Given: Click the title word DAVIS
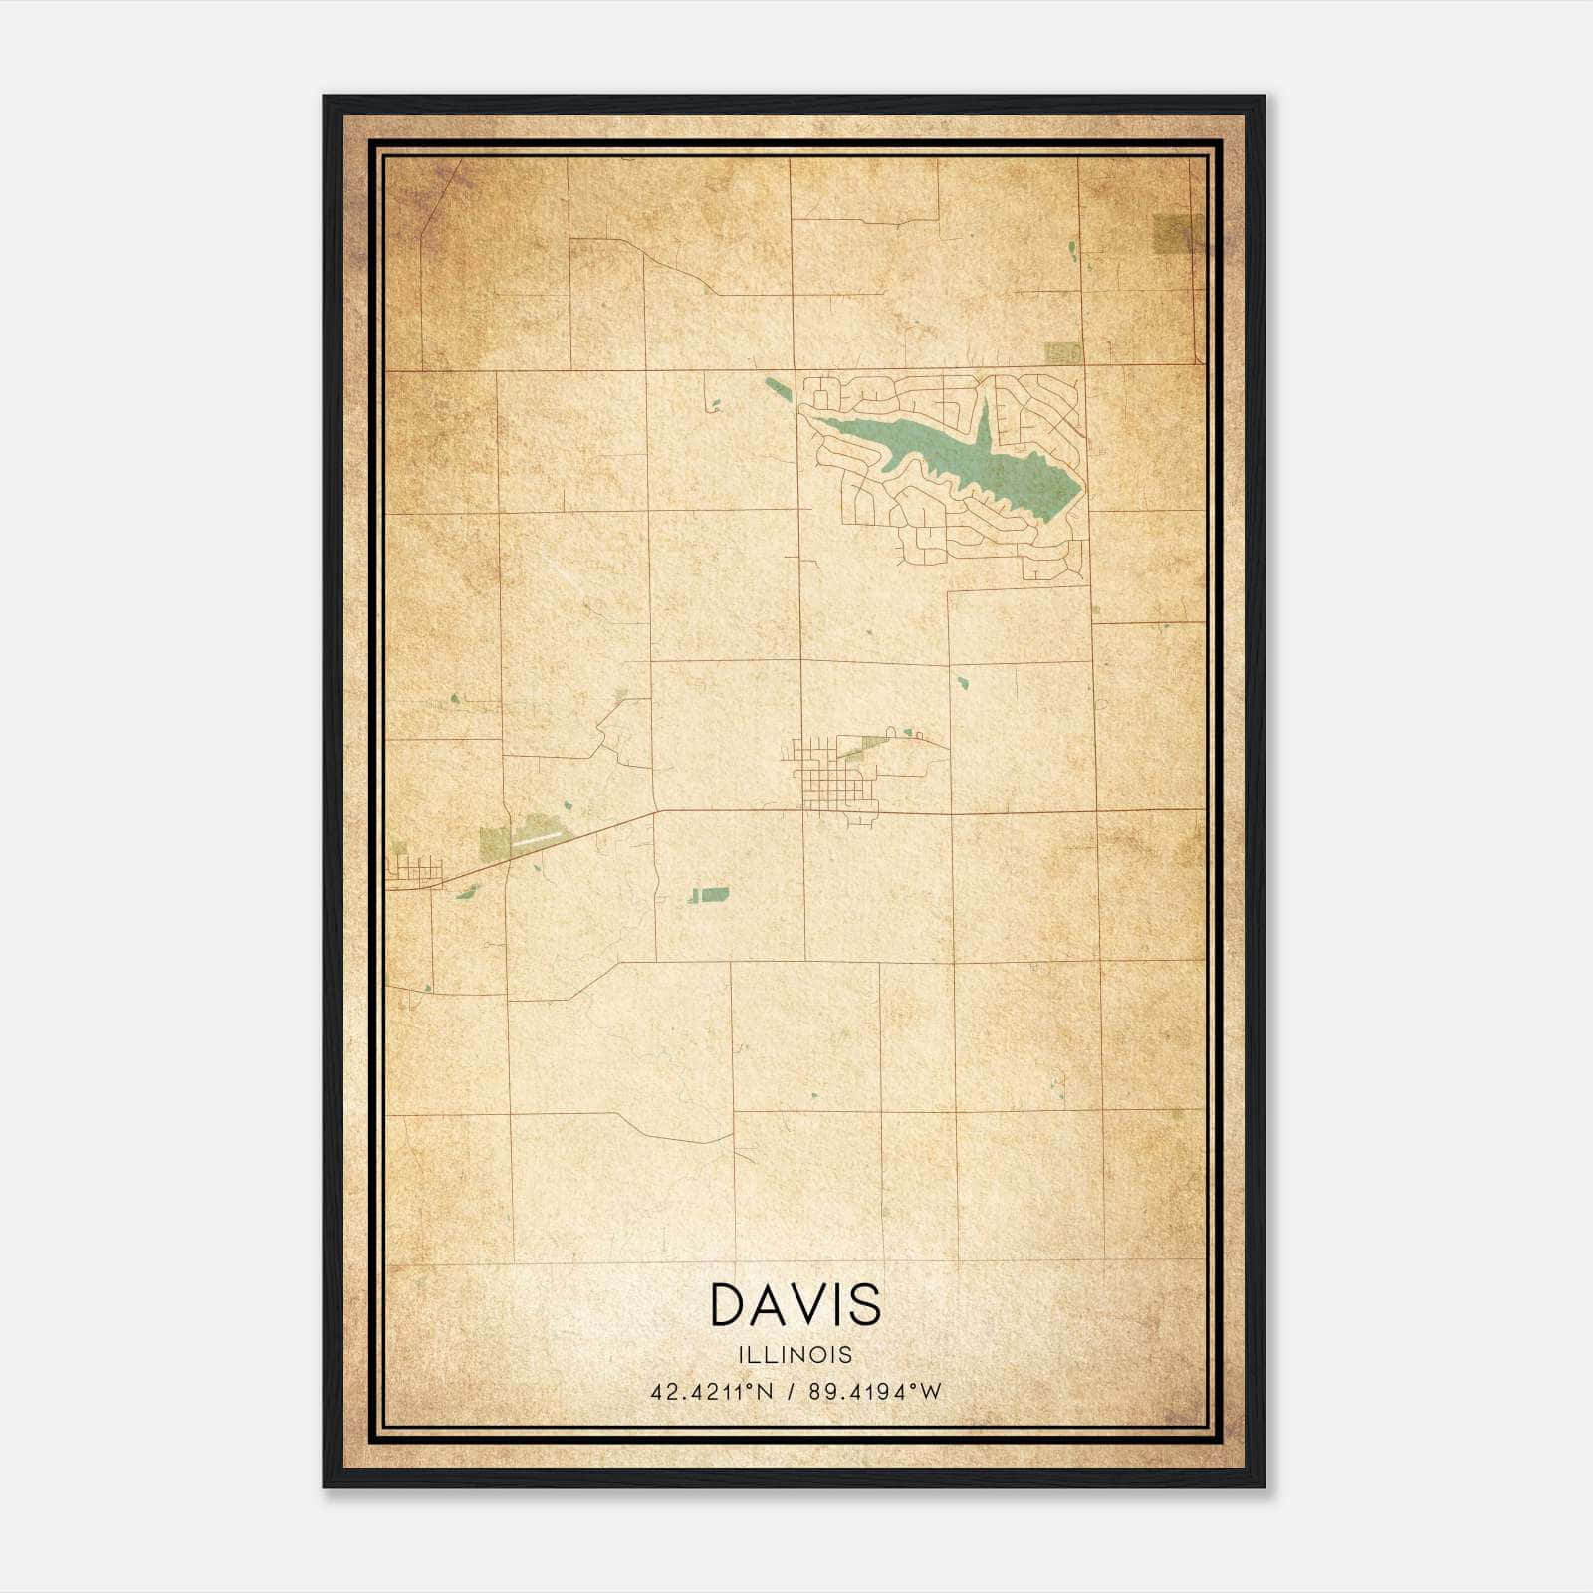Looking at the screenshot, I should click(796, 1304).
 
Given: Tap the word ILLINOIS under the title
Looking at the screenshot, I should click(796, 1355).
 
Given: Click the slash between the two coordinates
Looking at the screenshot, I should click(789, 1392).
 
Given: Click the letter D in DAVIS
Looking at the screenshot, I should click(732, 1304).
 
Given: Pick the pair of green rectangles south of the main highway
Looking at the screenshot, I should click(709, 894).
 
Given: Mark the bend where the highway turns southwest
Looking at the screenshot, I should click(654, 812).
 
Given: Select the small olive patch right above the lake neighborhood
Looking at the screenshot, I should click(1062, 352).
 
